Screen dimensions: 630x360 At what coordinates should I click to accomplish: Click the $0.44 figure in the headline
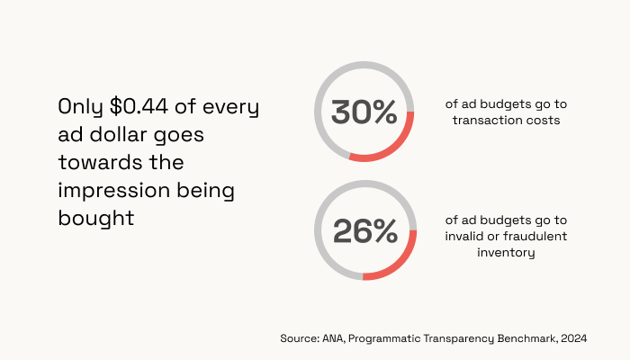[x=139, y=107]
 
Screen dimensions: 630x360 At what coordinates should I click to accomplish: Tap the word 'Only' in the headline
[x=80, y=108]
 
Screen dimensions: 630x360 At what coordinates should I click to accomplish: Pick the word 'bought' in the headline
[x=96, y=218]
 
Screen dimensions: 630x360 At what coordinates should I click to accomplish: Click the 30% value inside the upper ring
[x=364, y=112]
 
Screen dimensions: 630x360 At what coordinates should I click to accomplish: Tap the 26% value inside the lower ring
[x=365, y=231]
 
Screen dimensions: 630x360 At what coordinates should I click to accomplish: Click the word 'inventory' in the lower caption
[x=506, y=253]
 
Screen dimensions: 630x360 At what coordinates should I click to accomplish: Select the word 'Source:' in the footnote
[x=300, y=338]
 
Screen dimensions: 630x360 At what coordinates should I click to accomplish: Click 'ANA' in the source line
[x=333, y=338]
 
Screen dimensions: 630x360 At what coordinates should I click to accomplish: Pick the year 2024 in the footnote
[x=574, y=338]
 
